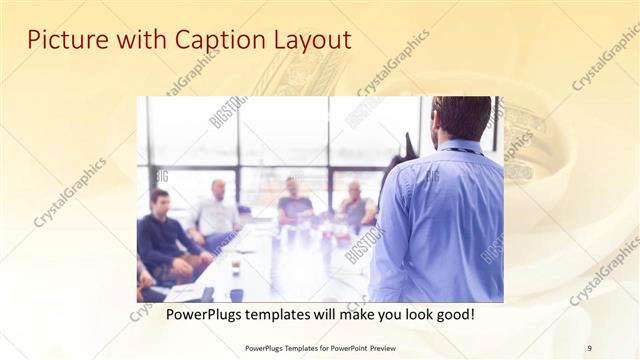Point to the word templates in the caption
tap(273, 314)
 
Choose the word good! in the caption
tap(451, 314)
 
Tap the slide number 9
tap(589, 347)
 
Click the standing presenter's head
tap(461, 117)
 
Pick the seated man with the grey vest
tap(355, 206)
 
